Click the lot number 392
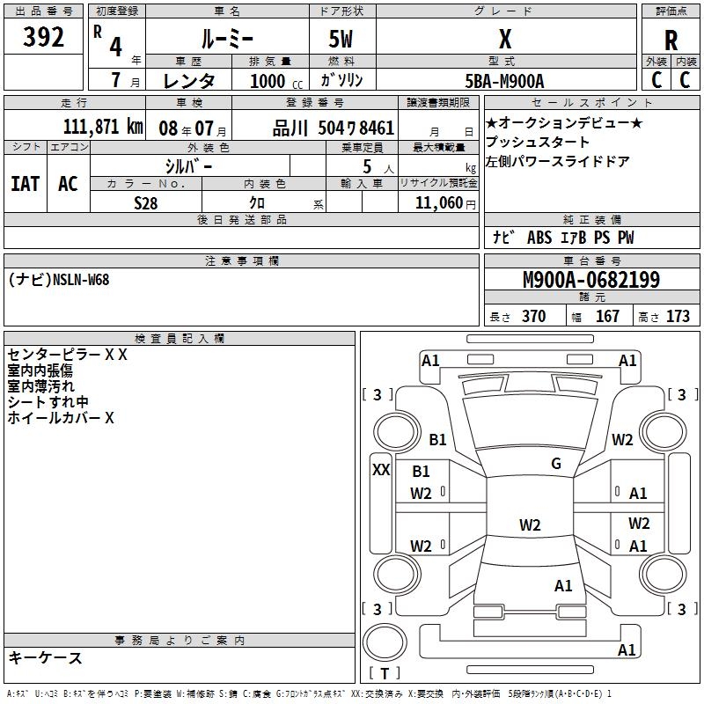tap(45, 37)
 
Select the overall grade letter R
tap(671, 40)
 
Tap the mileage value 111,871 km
tap(103, 126)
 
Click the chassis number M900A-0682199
tap(590, 280)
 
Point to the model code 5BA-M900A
tap(504, 80)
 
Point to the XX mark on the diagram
tap(381, 470)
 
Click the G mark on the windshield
tap(555, 464)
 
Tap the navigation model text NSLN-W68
tap(81, 279)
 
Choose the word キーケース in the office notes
tap(45, 657)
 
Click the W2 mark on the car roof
tap(529, 525)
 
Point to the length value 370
tap(533, 317)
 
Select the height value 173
tap(678, 317)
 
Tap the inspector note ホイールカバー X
tap(61, 419)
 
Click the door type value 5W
tap(341, 40)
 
